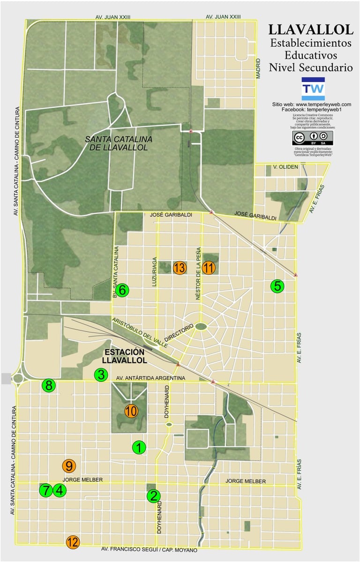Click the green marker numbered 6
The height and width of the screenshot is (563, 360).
pyautogui.click(x=122, y=290)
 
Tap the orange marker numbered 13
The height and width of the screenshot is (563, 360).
pyautogui.click(x=180, y=268)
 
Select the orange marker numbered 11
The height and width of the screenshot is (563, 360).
pyautogui.click(x=209, y=268)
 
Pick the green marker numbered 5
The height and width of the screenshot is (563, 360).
pyautogui.click(x=277, y=286)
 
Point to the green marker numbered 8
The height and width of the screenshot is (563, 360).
pyautogui.click(x=49, y=386)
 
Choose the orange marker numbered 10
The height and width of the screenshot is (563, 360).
pyautogui.click(x=131, y=411)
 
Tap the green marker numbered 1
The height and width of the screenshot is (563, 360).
pyautogui.click(x=139, y=448)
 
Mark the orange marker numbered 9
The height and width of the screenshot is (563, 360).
pyautogui.click(x=69, y=466)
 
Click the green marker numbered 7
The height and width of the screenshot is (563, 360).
pyautogui.click(x=45, y=490)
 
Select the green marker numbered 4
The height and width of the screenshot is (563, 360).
pyautogui.click(x=59, y=490)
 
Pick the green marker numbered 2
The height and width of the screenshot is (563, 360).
pyautogui.click(x=154, y=496)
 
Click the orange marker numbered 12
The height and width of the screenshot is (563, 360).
pyautogui.click(x=73, y=542)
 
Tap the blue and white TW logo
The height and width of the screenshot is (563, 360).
pyautogui.click(x=313, y=89)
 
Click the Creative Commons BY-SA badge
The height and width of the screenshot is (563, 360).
pyautogui.click(x=313, y=138)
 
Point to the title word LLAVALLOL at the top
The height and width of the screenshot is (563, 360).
pyautogui.click(x=311, y=30)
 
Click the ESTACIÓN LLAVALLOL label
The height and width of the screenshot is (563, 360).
pyautogui.click(x=125, y=356)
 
